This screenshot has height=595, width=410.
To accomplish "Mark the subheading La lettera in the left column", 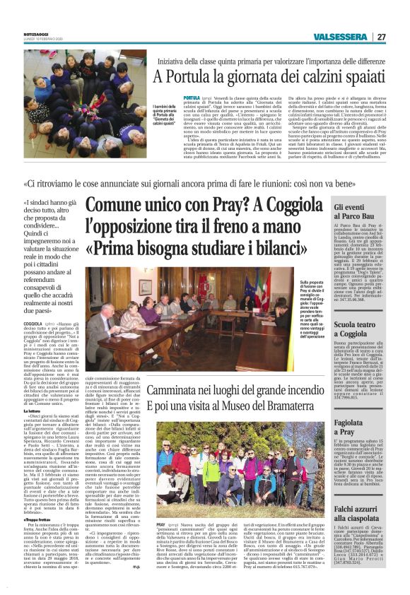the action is (33, 390).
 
